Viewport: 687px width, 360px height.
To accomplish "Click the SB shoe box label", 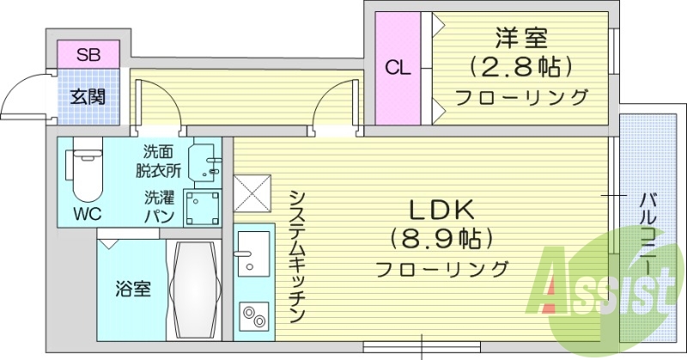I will [x=88, y=55].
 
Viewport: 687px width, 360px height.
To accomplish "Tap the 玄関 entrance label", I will [x=88, y=95].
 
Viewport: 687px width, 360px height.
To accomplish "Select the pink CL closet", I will [x=397, y=68].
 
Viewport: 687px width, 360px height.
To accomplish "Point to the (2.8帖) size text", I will [x=520, y=66].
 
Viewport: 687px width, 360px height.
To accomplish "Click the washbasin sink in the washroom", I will [x=205, y=160].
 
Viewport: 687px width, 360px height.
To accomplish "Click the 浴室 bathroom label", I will [x=133, y=289].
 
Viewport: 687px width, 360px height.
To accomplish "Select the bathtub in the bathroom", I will [x=194, y=290].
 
